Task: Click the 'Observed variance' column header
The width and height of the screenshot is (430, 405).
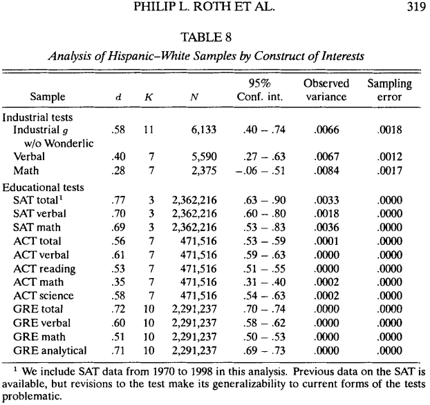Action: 326,90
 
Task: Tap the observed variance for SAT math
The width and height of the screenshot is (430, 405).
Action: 328,227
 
